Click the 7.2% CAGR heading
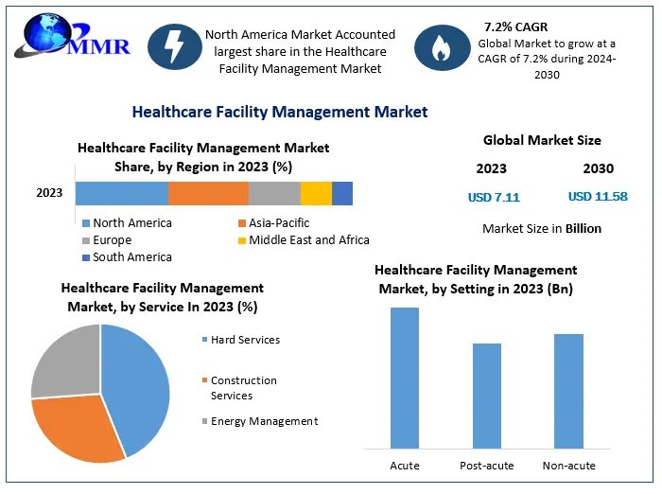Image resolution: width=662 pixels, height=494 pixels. (x=516, y=26)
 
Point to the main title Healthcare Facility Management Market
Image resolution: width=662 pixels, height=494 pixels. (x=280, y=112)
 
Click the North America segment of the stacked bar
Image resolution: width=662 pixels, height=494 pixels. (x=122, y=193)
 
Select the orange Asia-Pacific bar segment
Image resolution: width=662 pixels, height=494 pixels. (x=208, y=193)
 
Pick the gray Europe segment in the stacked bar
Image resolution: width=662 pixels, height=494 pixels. (x=274, y=193)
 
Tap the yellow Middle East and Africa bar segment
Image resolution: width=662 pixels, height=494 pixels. (x=316, y=193)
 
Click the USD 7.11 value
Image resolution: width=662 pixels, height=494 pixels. (x=494, y=198)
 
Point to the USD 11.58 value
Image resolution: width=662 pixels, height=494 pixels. (x=598, y=198)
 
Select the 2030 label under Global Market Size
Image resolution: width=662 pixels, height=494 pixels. (x=598, y=168)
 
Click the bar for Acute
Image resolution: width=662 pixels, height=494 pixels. (x=405, y=378)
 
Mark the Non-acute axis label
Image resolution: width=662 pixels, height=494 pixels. (x=568, y=466)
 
